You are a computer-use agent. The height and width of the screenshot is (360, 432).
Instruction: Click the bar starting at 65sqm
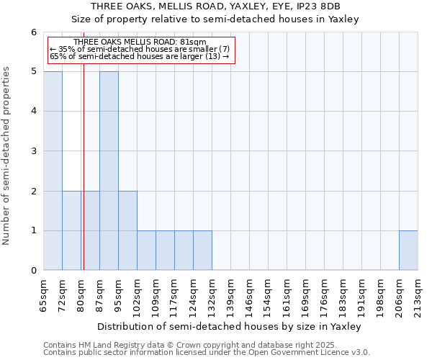53,171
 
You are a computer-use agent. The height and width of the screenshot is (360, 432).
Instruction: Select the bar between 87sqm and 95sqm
109,171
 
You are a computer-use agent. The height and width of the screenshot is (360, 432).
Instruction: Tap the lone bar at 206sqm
408,251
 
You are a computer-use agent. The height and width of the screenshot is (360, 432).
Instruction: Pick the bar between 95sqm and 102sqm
127,230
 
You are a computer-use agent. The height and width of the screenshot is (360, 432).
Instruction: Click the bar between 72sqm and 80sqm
71,230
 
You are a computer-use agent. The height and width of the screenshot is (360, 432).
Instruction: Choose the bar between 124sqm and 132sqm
202,251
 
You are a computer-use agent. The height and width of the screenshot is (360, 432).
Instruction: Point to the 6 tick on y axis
33,32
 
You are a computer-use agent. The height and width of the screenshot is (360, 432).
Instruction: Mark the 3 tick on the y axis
33,151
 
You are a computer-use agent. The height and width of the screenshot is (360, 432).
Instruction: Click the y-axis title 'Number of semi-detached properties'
7,156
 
